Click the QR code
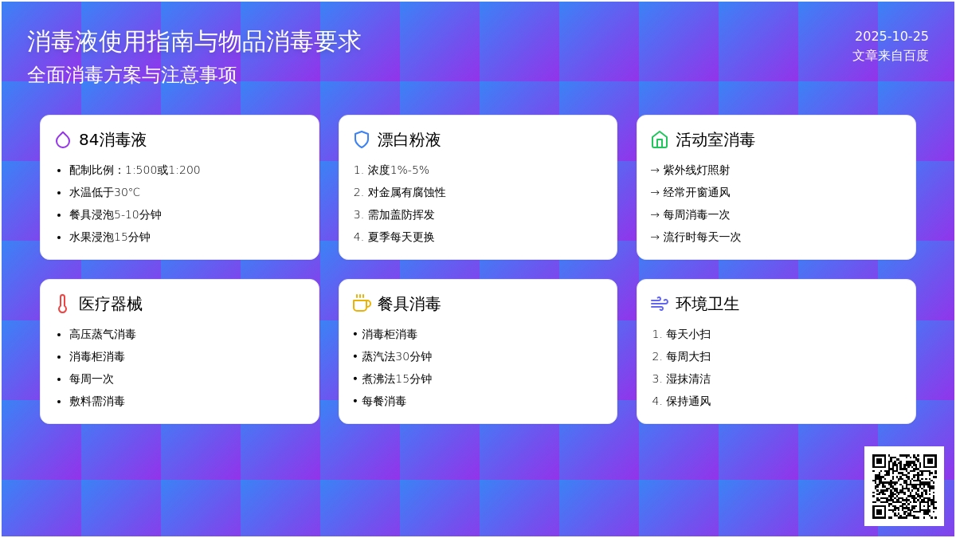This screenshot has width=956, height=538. [x=903, y=485]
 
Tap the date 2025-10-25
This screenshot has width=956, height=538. [x=891, y=36]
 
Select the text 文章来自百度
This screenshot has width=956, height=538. [x=890, y=56]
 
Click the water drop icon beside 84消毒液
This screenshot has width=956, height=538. [x=63, y=140]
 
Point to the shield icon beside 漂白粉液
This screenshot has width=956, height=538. [x=362, y=140]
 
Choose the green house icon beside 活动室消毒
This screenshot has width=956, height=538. [x=660, y=140]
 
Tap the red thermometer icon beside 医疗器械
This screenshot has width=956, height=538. [x=63, y=304]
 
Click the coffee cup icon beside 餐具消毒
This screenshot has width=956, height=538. [x=362, y=304]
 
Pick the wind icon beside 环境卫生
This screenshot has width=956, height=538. [x=660, y=304]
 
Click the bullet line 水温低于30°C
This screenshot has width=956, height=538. [x=104, y=192]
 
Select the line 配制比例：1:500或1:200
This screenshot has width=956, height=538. [x=135, y=170]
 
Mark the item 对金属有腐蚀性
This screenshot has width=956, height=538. [x=406, y=192]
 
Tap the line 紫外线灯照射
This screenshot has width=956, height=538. [x=696, y=170]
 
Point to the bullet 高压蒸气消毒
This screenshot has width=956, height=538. [x=102, y=334]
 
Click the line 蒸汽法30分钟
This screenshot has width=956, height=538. [x=396, y=356]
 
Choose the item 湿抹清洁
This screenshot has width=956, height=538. [x=688, y=379]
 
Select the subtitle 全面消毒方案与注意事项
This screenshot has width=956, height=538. [x=132, y=75]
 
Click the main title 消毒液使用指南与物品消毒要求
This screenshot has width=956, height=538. [x=194, y=41]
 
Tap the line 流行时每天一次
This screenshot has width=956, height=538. [x=702, y=237]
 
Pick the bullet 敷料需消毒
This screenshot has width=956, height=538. [x=96, y=401]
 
